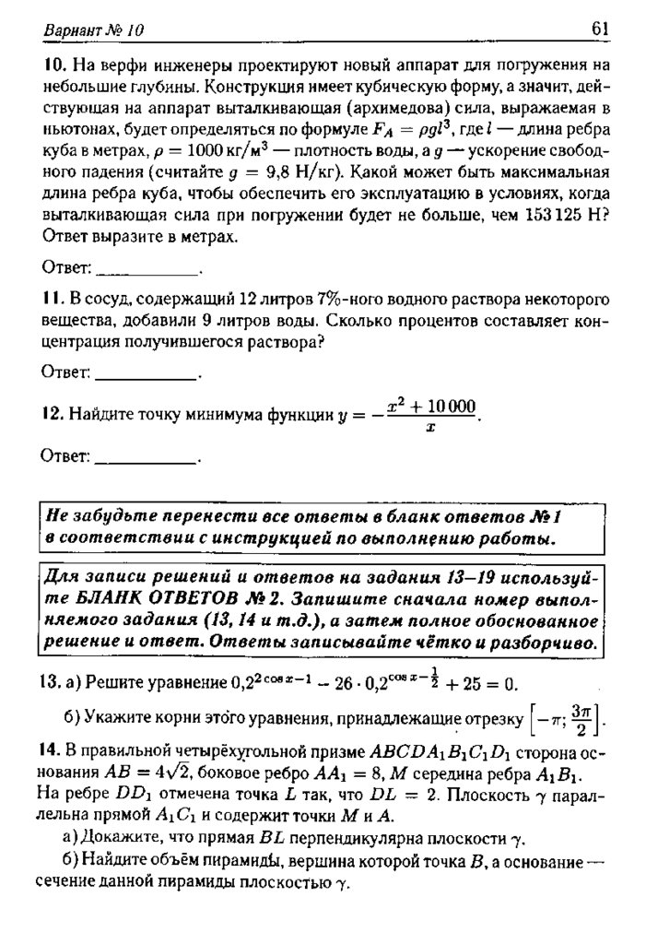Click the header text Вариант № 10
tap(94, 31)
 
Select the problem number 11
tap(51, 301)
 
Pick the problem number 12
tap(51, 415)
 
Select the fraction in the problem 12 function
tap(430, 417)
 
